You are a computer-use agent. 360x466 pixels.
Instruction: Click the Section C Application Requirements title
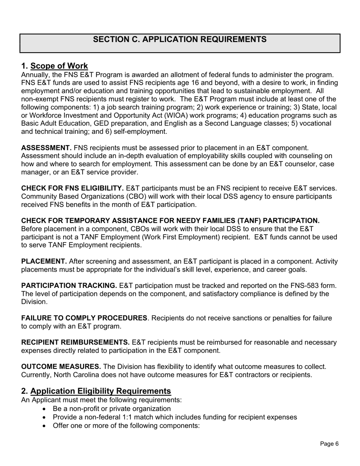pos(180,39)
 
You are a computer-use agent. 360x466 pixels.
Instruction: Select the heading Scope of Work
pos(59,66)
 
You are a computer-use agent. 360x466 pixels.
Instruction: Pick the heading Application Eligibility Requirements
pos(101,391)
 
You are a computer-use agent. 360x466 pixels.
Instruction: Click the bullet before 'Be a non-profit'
pos(45,409)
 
